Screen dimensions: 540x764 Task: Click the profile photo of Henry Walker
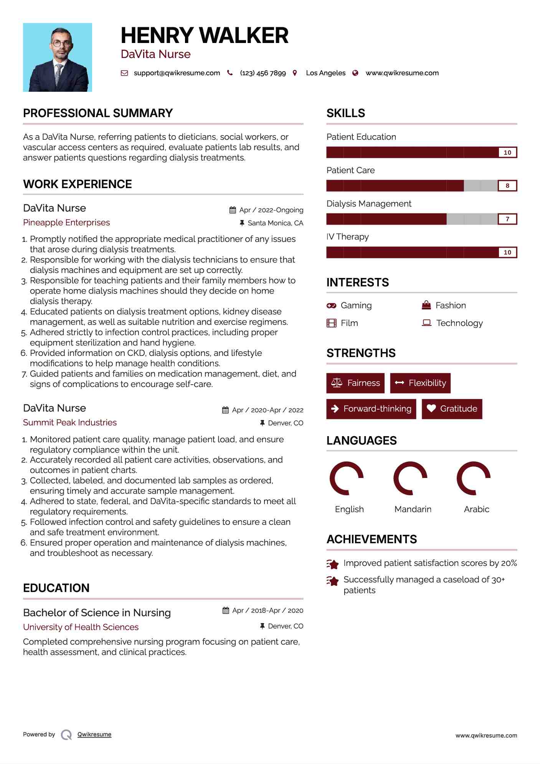(x=58, y=57)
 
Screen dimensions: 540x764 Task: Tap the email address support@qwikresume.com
(x=177, y=73)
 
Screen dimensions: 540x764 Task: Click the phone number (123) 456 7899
(x=263, y=73)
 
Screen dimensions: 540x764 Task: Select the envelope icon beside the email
(x=124, y=73)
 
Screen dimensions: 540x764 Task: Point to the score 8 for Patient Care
(x=507, y=186)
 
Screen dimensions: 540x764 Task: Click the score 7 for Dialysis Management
(x=507, y=219)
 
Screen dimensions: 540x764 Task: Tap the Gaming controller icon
(x=331, y=306)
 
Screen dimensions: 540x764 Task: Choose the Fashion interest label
(x=451, y=306)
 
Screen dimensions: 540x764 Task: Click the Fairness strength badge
(x=355, y=383)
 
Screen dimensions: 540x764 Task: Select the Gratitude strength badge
(x=452, y=409)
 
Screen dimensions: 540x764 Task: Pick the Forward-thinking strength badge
(x=371, y=409)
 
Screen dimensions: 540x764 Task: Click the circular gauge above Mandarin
(x=410, y=478)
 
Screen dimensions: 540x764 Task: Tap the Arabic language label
(x=476, y=509)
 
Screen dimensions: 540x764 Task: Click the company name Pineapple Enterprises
(x=66, y=223)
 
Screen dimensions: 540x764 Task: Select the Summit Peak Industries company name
(x=70, y=423)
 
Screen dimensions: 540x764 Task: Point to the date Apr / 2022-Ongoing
(x=271, y=210)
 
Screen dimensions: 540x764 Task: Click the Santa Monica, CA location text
(x=275, y=223)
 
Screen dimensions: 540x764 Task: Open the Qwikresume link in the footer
(x=94, y=734)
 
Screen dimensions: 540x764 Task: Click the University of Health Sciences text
(x=81, y=627)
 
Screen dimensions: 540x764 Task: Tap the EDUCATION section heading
(x=56, y=588)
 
